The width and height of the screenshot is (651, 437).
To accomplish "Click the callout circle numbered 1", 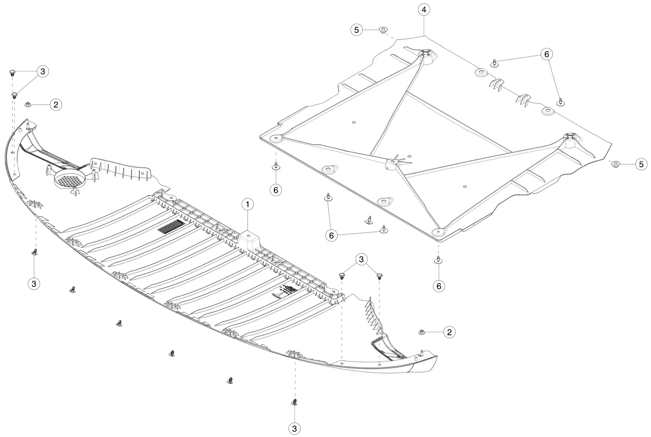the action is [x=248, y=204].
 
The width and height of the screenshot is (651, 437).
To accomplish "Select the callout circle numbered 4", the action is [x=424, y=9].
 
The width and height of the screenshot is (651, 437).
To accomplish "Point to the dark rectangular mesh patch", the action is [x=171, y=226].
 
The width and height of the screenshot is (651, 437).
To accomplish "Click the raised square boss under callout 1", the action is [x=249, y=240].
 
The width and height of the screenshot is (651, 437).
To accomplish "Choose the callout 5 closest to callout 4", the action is [x=356, y=30].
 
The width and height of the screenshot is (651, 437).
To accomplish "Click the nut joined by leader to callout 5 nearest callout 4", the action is [x=383, y=29].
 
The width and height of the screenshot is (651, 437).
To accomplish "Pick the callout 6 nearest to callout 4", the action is [x=547, y=55].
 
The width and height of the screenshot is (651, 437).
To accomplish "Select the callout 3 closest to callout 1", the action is [x=361, y=259].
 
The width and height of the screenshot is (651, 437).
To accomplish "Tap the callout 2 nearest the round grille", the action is [x=56, y=105].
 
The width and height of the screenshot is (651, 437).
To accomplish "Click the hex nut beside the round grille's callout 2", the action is [x=28, y=104].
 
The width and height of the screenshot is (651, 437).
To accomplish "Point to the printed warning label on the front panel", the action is [x=286, y=292].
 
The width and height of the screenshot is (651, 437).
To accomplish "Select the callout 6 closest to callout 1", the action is [x=276, y=190].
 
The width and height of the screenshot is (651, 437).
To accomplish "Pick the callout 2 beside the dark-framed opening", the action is [x=449, y=332].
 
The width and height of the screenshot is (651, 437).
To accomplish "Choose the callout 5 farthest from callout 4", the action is [x=642, y=164].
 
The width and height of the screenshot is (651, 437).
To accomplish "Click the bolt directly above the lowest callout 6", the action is [x=439, y=260].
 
